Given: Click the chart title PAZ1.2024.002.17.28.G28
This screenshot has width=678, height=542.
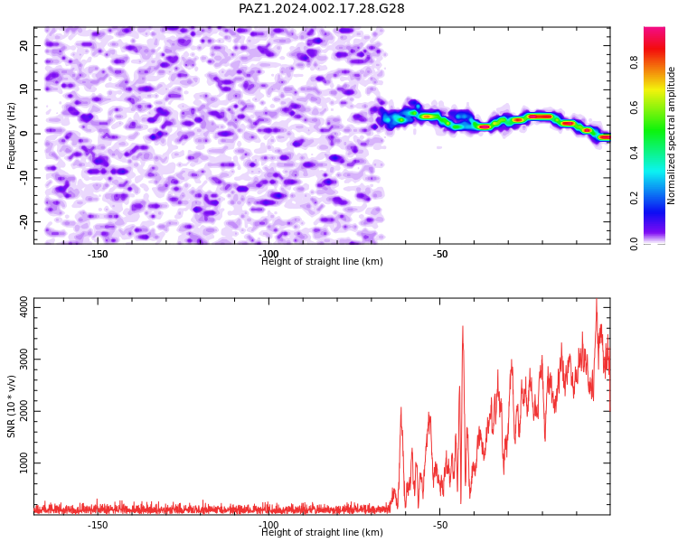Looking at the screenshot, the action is coord(321,9).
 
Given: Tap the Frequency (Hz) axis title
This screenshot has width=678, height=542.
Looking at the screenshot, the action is coord(11,135).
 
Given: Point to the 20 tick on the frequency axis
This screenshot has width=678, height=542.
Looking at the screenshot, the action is coord(24,45).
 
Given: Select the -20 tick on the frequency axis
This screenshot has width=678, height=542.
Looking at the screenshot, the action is coord(24,222).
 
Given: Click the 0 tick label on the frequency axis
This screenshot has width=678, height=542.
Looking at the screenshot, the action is coord(24,134).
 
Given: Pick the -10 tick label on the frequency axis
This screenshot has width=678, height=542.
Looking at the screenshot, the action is coord(24,178).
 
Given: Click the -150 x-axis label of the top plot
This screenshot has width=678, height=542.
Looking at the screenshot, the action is coord(98,254).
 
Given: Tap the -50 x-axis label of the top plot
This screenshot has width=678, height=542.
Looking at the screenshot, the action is coord(439,254).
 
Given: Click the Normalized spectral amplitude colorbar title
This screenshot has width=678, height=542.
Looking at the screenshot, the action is coord(671,135).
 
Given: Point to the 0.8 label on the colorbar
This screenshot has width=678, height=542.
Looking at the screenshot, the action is coord(634,62).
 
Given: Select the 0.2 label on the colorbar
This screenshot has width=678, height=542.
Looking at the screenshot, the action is coord(634,198).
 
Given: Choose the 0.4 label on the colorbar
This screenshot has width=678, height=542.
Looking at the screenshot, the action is coord(634,153).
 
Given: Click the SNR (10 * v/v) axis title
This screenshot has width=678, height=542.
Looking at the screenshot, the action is coord(11,406).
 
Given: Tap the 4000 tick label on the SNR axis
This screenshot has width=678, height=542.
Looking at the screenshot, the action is coord(24,307).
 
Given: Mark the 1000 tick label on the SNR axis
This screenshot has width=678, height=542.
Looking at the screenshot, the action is coord(24,463).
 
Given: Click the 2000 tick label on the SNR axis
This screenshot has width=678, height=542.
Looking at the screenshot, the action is coord(24,411).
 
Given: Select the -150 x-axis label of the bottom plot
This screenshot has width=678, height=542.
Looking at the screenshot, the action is coord(98,525).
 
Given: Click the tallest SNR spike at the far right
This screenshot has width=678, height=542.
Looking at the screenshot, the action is coord(597,299).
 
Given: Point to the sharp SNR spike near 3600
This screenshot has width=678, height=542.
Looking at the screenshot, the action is coord(463,326).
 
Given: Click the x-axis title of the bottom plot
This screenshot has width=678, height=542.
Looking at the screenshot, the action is coord(322,532).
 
